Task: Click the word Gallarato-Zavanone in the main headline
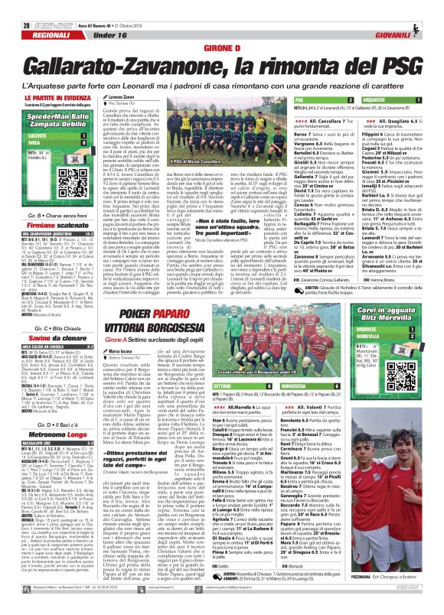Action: click(133, 63)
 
